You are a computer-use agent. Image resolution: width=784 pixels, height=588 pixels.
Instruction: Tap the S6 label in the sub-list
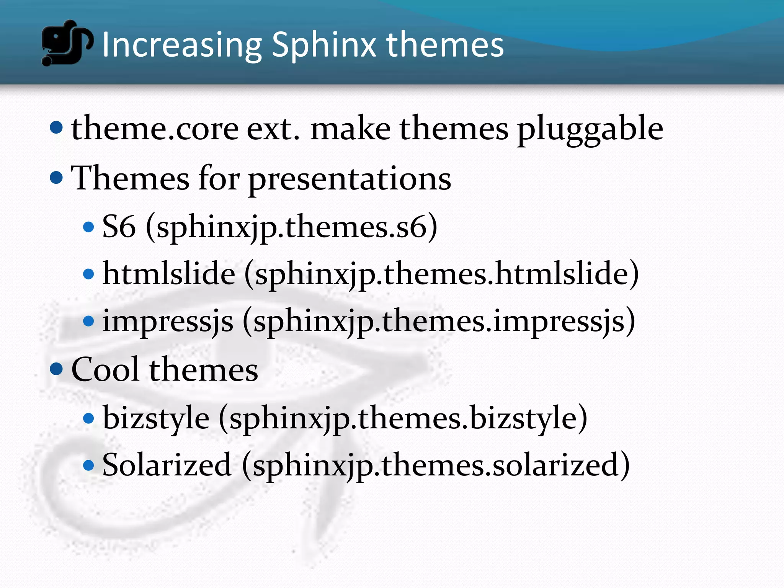pyautogui.click(x=119, y=227)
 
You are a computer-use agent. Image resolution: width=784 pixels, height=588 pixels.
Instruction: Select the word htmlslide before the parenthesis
pyautogui.click(x=169, y=273)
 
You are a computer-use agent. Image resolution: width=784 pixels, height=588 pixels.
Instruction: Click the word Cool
pyautogui.click(x=105, y=369)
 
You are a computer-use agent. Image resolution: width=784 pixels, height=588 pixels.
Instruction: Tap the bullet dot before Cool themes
pyautogui.click(x=56, y=369)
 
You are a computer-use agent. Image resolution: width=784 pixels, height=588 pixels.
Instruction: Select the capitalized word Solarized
pyautogui.click(x=167, y=465)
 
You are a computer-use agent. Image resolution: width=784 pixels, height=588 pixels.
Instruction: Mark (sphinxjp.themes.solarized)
pyautogui.click(x=436, y=465)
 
